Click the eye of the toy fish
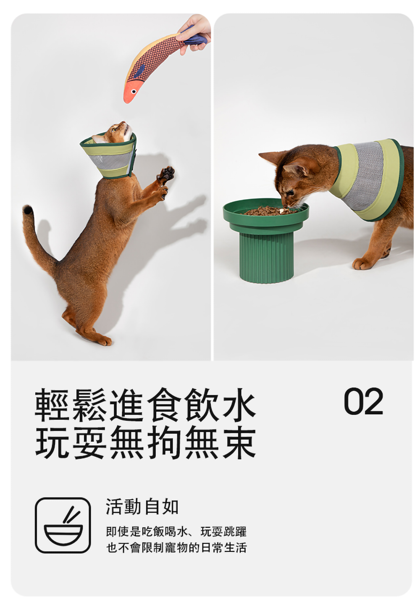pos(133,92)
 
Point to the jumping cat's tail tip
pos(27,210)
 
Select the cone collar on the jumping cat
pos(108,157)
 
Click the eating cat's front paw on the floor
pos(362,263)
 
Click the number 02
pos(363,401)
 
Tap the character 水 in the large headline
pos(239,405)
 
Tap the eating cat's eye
pos(290,192)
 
